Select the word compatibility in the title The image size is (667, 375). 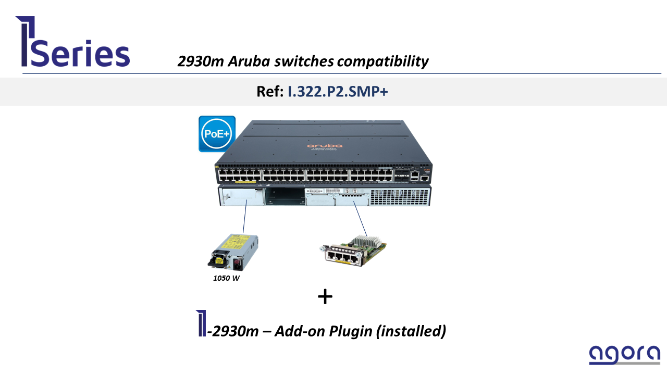(382, 61)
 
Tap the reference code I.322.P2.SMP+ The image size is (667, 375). (338, 92)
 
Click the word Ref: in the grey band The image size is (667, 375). (270, 92)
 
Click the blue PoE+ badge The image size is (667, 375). (217, 134)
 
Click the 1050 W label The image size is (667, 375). (226, 278)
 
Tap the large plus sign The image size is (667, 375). (325, 297)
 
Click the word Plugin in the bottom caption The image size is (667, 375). (350, 331)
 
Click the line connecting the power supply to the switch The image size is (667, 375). (244, 219)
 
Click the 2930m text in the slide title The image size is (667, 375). (200, 61)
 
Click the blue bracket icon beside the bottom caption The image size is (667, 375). (201, 323)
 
